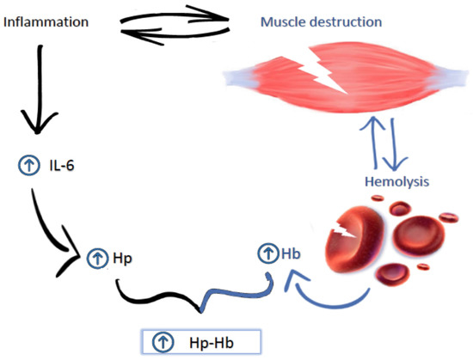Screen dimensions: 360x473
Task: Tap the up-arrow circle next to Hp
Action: [x=95, y=256]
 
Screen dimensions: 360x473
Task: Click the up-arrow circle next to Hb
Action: [x=268, y=254]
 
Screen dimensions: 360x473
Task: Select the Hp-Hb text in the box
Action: [x=207, y=342]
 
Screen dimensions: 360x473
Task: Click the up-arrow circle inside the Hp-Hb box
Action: [x=162, y=342]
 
